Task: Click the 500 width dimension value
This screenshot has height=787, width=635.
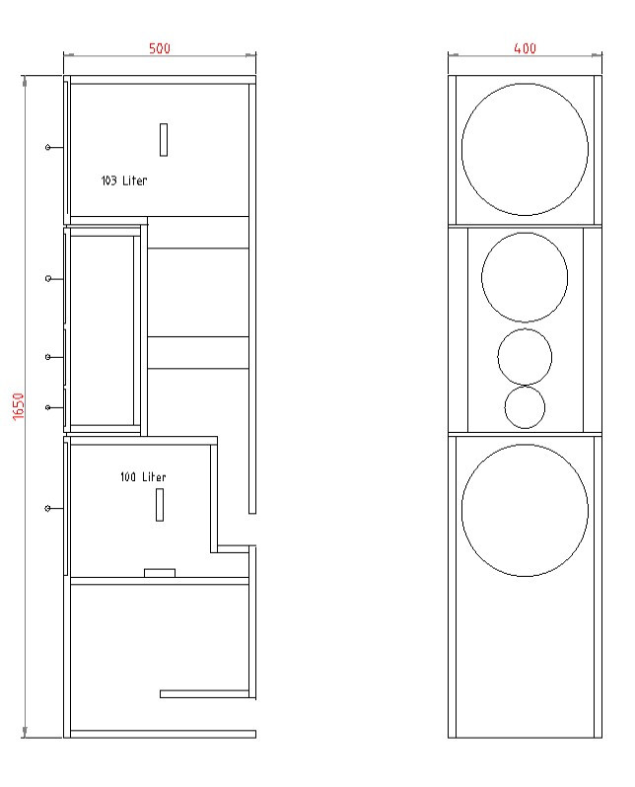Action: [159, 48]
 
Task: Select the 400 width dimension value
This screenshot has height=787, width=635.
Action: [525, 48]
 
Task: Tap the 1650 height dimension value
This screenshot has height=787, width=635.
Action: [18, 403]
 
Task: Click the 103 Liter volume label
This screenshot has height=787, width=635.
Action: [124, 180]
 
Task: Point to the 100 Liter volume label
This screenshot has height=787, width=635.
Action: [143, 477]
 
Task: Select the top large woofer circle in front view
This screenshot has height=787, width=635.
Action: [525, 150]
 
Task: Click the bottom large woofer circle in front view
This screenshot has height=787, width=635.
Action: [525, 511]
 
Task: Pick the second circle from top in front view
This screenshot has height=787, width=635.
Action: [525, 277]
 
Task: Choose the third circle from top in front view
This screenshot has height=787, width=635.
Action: [525, 356]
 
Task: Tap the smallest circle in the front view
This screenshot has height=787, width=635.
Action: [525, 406]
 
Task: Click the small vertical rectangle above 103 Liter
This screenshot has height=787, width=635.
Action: [164, 138]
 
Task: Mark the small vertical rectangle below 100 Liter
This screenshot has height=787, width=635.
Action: [159, 504]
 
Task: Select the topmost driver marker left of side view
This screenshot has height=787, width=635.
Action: [48, 147]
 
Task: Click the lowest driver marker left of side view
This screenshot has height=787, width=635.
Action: [48, 508]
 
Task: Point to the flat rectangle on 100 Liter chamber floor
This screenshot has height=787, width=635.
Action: [160, 572]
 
